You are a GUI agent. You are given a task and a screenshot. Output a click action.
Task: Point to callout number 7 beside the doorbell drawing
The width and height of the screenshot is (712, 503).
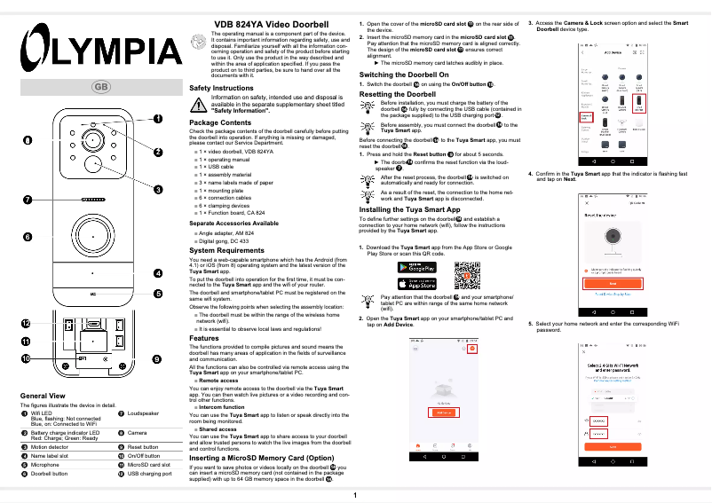click(x=28, y=200)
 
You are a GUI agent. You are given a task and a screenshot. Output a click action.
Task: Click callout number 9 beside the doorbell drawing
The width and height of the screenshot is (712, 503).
click(x=156, y=358)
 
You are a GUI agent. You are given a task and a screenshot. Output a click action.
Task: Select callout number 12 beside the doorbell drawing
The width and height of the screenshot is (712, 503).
click(x=27, y=323)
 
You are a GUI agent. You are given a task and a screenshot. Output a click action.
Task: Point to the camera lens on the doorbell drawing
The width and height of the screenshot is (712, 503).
click(x=92, y=165)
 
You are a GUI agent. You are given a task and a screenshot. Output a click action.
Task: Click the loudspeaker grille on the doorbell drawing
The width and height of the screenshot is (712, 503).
click(x=92, y=200)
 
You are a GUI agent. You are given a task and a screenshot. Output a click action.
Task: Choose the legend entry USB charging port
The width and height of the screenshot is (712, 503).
click(x=149, y=475)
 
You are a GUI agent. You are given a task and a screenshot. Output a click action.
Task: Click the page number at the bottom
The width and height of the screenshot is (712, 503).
click(x=355, y=494)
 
